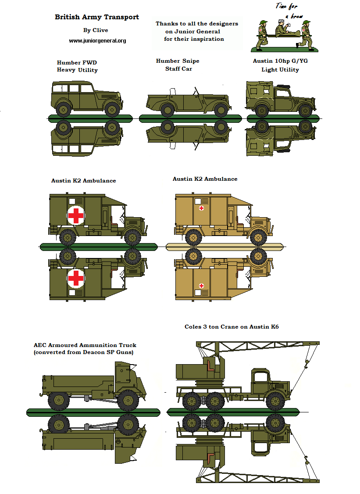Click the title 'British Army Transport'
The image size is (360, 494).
[96, 17]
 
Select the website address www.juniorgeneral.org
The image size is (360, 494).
[97, 41]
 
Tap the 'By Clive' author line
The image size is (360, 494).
[95, 30]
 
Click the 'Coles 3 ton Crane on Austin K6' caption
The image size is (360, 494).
[232, 327]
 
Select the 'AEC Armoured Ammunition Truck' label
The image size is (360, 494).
[85, 345]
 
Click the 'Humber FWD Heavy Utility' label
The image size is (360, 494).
[77, 66]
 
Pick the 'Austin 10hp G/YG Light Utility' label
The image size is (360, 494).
[280, 65]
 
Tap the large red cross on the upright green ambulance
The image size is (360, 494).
[76, 215]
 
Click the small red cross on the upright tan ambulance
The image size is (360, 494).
[201, 208]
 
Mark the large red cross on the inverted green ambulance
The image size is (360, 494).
[76, 278]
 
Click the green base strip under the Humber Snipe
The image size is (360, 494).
[190, 118]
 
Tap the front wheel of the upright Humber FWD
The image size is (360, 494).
[113, 109]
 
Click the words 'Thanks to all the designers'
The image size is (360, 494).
[197, 24]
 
